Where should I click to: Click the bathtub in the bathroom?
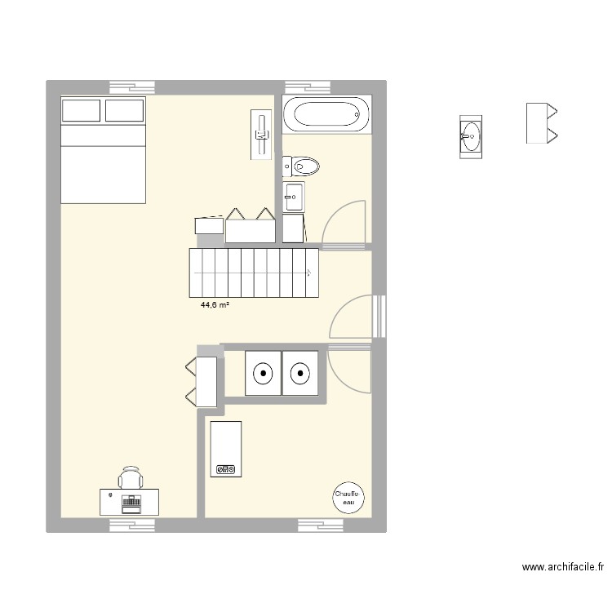326,114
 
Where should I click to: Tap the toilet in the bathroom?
301,167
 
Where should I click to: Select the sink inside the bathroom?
294,196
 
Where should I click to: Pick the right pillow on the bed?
125,111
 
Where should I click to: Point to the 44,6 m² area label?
215,306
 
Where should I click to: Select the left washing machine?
264,374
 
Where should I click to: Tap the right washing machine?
301,374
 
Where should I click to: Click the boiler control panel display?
225,469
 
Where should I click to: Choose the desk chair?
130,477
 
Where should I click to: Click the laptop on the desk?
130,502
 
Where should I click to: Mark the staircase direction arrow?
309,273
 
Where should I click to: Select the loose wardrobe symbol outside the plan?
541,122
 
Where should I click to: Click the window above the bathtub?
308,86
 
